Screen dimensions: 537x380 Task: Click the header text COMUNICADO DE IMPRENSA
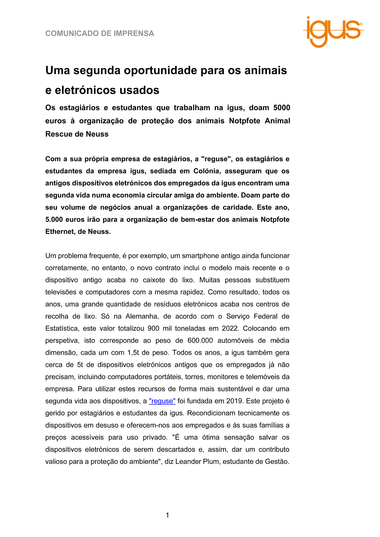tap(100, 34)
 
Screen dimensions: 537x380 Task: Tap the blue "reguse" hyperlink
tap(162, 401)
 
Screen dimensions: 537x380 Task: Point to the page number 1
tap(167, 515)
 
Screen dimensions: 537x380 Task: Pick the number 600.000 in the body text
tap(200, 341)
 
